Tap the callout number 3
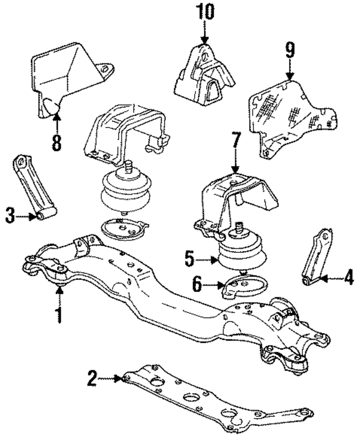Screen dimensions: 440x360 [10, 215]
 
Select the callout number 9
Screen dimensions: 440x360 [289, 52]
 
